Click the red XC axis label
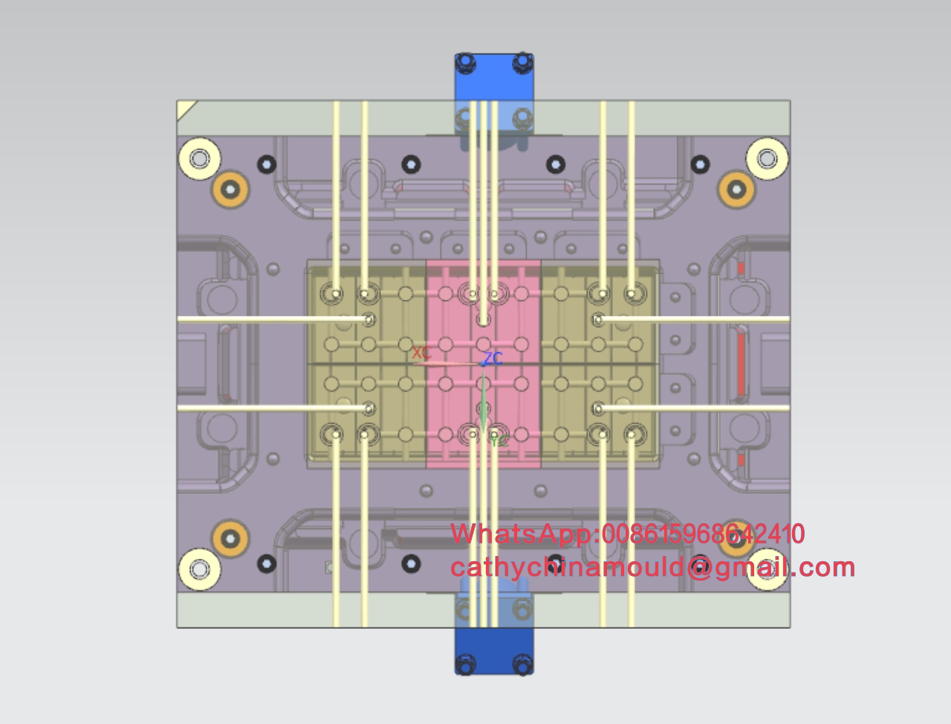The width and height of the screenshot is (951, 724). tap(421, 352)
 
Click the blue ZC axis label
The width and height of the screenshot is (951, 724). tap(493, 358)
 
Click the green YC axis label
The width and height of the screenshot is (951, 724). tap(499, 442)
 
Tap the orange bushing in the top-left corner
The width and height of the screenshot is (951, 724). tap(230, 190)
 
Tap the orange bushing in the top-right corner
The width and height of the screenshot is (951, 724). tap(736, 190)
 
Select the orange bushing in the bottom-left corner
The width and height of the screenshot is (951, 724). tap(230, 539)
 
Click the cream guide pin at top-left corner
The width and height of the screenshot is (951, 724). tap(199, 158)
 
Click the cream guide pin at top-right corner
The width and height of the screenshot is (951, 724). tap(767, 158)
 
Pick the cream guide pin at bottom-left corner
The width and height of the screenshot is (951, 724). tap(199, 569)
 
